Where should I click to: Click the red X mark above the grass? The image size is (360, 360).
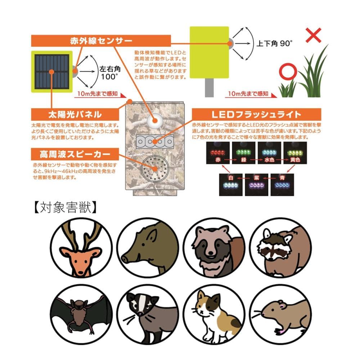[x=314, y=35]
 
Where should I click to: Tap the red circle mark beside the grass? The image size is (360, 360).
[x=288, y=71]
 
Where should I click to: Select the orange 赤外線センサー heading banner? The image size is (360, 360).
[x=101, y=41]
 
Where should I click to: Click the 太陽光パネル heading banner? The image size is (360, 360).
[x=75, y=114]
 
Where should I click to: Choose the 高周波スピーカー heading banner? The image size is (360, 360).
[x=75, y=154]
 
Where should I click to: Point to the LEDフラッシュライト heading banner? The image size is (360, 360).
[x=256, y=114]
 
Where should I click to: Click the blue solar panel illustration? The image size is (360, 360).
[x=52, y=72]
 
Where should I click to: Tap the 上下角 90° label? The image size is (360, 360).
[x=274, y=44]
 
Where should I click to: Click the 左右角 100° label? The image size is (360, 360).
[x=110, y=73]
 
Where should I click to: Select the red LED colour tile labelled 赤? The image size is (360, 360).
[x=218, y=153]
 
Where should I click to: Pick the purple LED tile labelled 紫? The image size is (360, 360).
[x=256, y=185]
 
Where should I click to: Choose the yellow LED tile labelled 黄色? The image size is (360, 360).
[x=295, y=153]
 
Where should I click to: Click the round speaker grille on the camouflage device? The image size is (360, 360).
[x=155, y=168]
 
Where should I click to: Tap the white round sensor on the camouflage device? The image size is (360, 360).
[x=155, y=120]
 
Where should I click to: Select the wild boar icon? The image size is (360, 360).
[x=148, y=248]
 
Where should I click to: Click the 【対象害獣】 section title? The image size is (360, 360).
[x=65, y=207]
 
